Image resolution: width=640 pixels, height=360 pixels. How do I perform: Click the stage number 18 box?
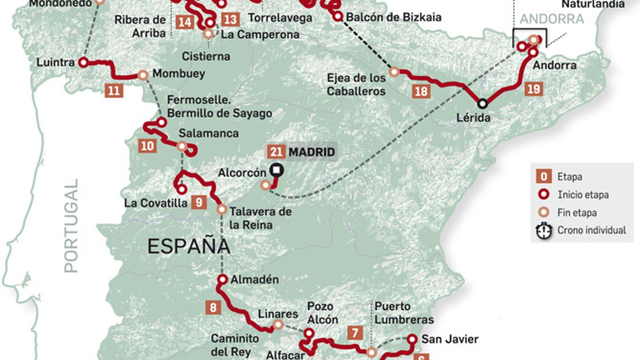(421, 92)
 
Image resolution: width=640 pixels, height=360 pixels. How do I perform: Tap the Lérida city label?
(473, 118)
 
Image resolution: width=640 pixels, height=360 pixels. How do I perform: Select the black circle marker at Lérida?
(483, 104)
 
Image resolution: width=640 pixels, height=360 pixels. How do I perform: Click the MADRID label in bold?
(312, 152)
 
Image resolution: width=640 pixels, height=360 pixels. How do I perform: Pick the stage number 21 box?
(276, 152)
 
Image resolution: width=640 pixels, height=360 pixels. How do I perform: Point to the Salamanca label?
(208, 133)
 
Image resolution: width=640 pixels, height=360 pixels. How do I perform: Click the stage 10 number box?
(147, 146)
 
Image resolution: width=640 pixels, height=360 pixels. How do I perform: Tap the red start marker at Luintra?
(83, 62)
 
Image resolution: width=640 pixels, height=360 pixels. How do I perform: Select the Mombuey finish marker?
(143, 75)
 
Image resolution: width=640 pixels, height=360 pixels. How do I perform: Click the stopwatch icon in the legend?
(544, 231)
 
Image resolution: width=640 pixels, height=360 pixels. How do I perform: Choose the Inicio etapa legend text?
(583, 195)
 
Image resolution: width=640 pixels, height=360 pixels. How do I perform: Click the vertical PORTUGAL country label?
(71, 226)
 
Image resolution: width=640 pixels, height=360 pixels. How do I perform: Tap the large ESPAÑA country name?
(189, 246)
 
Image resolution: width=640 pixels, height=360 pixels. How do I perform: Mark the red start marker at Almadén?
(222, 279)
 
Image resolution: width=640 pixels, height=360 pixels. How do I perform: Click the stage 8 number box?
(213, 307)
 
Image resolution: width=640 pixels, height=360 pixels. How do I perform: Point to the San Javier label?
(450, 339)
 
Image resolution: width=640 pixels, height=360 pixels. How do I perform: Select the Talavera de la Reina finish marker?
(222, 209)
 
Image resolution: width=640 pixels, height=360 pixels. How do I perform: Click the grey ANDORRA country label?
(552, 19)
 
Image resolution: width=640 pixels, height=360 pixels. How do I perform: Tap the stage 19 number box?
(534, 89)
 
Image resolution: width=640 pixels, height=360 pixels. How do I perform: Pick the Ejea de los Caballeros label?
(356, 84)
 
